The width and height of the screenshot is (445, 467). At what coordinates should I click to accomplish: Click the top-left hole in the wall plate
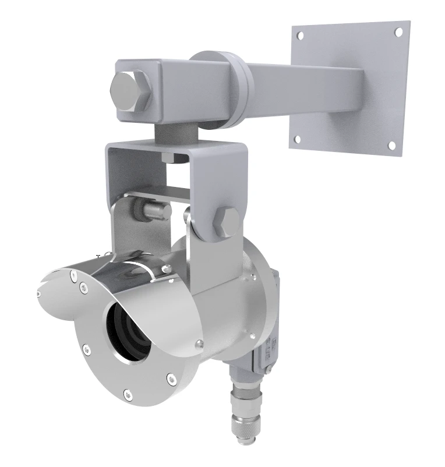pos(300,36)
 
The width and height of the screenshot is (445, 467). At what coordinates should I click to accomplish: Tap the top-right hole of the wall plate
pos(399,32)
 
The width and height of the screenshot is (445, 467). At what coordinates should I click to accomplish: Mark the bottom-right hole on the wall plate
pos(392,145)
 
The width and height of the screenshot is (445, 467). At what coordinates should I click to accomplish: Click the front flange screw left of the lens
pos(87,349)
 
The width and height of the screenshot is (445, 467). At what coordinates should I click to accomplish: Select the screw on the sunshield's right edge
pos(200,343)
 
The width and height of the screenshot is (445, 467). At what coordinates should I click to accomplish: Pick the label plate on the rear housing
pos(270,349)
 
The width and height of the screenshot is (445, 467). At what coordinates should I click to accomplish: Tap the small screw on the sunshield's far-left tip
pos(39,294)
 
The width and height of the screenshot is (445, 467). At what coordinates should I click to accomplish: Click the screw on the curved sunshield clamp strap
pos(167,268)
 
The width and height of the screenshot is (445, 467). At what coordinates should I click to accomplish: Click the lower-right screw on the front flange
pos(171,378)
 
